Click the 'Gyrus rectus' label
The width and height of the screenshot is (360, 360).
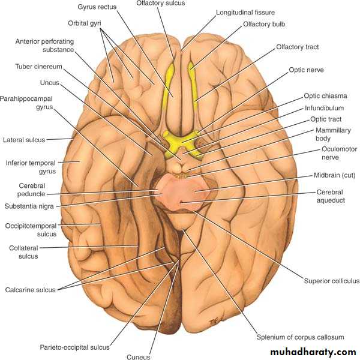pyautogui.click(x=97, y=7)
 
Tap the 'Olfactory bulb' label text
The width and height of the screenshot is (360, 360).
pyautogui.click(x=264, y=24)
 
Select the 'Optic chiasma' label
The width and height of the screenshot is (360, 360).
pyautogui.click(x=325, y=96)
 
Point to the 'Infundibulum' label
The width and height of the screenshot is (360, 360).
pyautogui.click(x=324, y=108)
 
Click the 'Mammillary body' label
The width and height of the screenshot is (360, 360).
pyautogui.click(x=333, y=134)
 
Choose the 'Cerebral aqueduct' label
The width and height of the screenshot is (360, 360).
pyautogui.click(x=331, y=196)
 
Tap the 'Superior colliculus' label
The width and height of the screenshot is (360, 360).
pyautogui.click(x=332, y=281)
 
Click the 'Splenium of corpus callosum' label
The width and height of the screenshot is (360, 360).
pyautogui.click(x=301, y=337)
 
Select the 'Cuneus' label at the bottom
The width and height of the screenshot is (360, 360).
pyautogui.click(x=139, y=356)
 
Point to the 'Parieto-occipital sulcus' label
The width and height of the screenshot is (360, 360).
pyautogui.click(x=74, y=347)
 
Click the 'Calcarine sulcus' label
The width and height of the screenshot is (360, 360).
pyautogui.click(x=31, y=290)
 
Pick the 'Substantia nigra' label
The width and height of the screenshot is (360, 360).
pyautogui.click(x=29, y=206)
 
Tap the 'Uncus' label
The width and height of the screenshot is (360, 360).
pyautogui.click(x=50, y=83)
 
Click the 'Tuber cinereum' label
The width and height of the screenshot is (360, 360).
pyautogui.click(x=38, y=67)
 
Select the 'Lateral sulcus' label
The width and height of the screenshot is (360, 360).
pyautogui.click(x=24, y=140)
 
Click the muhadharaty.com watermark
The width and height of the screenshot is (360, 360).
pyautogui.click(x=313, y=352)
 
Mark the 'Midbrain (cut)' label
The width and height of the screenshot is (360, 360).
pyautogui.click(x=335, y=175)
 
